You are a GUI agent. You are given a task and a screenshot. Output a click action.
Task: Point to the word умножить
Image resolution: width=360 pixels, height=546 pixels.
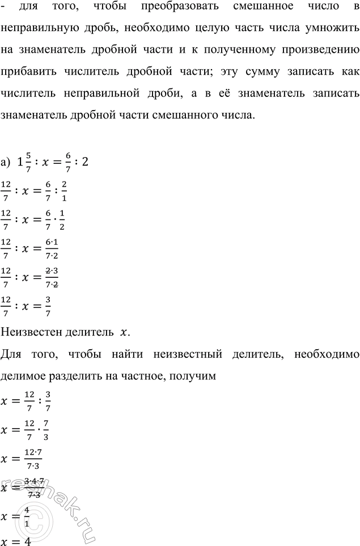coord(327,29)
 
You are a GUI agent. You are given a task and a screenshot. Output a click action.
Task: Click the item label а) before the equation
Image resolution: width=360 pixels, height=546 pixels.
coord(6,162)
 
